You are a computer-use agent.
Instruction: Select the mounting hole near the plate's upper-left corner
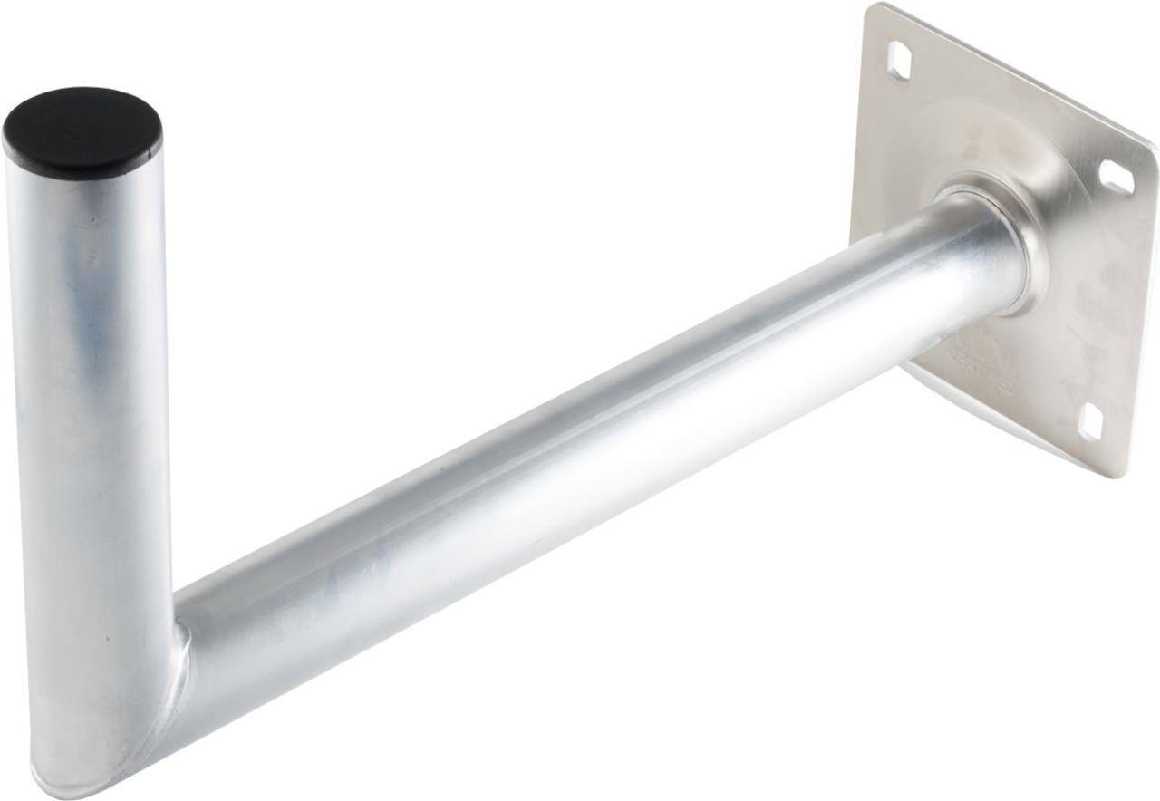point(899,57)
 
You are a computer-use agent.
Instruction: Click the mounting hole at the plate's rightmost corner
point(1116,178)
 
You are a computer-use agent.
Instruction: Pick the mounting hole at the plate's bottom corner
point(1090,421)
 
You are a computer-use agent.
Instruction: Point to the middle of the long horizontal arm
point(580,435)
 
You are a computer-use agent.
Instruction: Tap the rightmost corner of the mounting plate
point(1153,150)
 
